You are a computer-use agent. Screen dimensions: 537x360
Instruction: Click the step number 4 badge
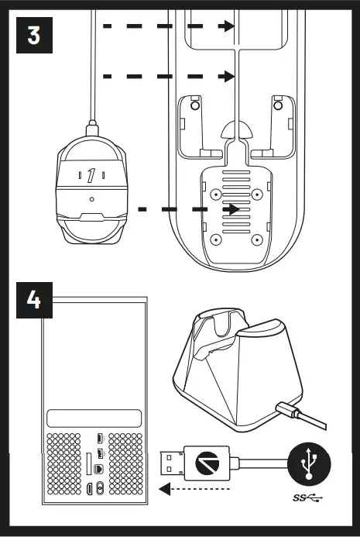pyautogui.click(x=34, y=301)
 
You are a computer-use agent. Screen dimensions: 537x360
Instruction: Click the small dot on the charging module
pyautogui.click(x=91, y=199)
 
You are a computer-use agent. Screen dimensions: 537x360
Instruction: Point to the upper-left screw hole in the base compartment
pyautogui.click(x=210, y=190)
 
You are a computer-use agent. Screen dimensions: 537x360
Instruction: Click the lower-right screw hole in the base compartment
pyautogui.click(x=256, y=239)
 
